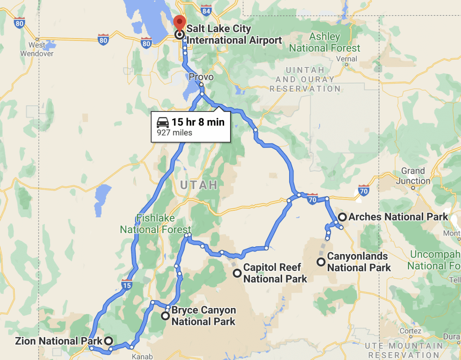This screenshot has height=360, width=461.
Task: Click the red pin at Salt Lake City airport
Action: pos(179,22)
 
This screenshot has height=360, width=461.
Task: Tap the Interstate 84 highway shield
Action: pos(205,10)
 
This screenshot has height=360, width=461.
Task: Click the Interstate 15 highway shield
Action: pos(126,284)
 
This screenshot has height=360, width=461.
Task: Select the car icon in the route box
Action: pos(163,122)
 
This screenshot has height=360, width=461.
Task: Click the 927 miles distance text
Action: pos(175,133)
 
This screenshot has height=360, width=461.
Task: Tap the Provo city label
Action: pos(201,77)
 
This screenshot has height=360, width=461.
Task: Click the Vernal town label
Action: pos(347,59)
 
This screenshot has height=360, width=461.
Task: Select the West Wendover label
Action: pos(37,49)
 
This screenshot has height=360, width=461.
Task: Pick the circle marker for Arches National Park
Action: pos(342,217)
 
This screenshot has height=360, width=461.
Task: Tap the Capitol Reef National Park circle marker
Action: pos(237,273)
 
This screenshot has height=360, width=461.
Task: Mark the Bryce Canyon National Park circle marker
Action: pos(165,315)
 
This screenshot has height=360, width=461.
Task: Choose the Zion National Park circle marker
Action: pos(108,341)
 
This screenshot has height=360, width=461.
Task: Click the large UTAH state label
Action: pos(199,185)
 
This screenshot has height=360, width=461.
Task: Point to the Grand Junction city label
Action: pos(413,176)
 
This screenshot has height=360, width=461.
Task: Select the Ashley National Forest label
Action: pos(325,43)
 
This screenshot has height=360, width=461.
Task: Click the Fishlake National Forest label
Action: pos(156,224)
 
